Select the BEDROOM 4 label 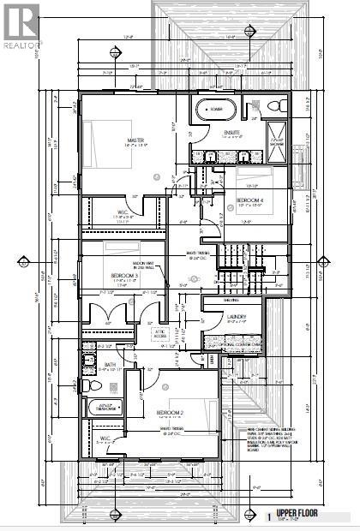tap(249, 201)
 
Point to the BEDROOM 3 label tap(126, 276)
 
